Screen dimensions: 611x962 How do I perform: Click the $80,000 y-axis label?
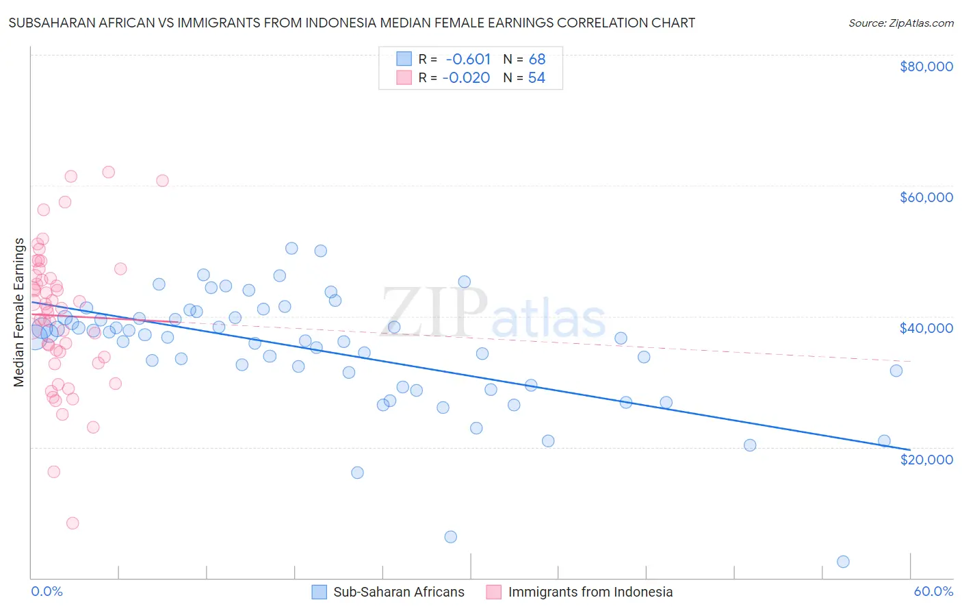tap(926, 66)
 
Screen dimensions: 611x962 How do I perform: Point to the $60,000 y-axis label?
tap(926, 197)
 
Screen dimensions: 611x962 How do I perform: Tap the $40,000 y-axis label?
tap(926, 328)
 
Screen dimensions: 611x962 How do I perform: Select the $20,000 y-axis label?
tap(926, 459)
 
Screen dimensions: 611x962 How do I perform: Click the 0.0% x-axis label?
tap(47, 592)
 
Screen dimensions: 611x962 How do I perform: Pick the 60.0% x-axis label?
tap(933, 592)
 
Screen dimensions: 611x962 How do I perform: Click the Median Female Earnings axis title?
tap(19, 312)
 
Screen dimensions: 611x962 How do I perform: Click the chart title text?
tap(352, 23)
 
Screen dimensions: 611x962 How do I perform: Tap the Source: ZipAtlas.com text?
tap(900, 23)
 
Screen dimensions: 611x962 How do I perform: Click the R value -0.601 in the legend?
tap(468, 60)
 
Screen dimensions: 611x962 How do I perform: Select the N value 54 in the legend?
tap(536, 78)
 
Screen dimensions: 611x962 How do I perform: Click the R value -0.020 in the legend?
tap(467, 78)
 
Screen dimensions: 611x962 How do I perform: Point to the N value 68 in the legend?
tap(537, 60)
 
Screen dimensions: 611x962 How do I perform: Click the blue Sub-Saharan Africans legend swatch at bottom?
tap(319, 592)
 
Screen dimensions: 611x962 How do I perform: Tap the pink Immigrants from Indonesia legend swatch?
tap(494, 592)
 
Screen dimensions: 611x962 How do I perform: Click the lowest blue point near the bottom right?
tap(843, 562)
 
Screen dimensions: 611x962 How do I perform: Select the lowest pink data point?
tap(73, 523)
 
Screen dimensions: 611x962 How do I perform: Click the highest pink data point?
tap(108, 172)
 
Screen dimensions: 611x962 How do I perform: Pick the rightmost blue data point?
tap(896, 371)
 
